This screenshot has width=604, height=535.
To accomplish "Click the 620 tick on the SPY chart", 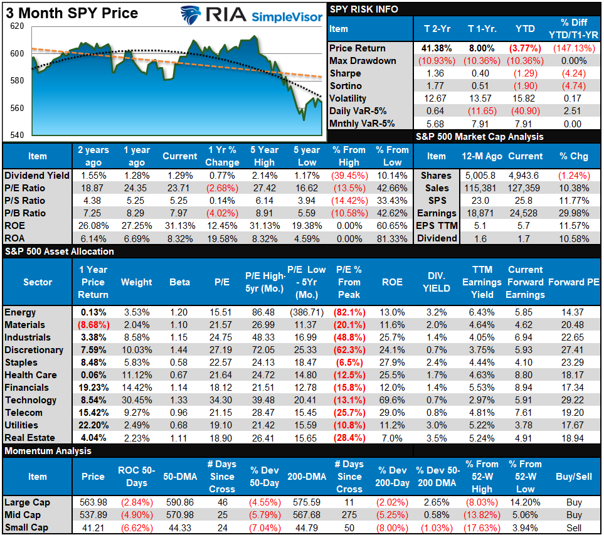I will click(17, 27).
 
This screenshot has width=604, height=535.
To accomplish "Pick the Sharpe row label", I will click(346, 73).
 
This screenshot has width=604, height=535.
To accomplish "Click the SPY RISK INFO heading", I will click(364, 9).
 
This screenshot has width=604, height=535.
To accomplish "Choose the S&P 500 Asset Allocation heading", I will click(60, 252).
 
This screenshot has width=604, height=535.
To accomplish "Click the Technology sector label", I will click(31, 400).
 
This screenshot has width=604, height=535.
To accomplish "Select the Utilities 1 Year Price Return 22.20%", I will click(93, 425).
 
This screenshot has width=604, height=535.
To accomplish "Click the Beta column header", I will click(179, 282).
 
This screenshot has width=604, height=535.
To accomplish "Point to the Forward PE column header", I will click(574, 282).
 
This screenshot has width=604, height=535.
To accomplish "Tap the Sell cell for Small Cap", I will click(574, 527).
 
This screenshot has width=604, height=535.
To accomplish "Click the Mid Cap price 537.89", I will click(93, 515).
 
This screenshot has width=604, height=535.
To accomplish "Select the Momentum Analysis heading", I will click(48, 451).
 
